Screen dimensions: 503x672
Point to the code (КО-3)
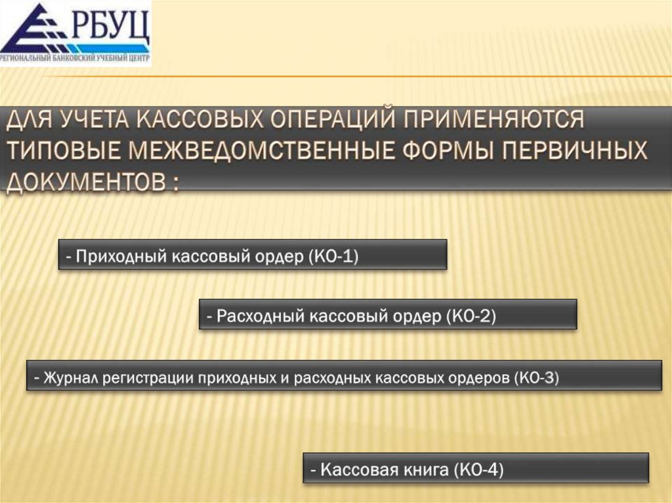point(537,377)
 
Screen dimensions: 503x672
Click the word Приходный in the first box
point(123,255)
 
